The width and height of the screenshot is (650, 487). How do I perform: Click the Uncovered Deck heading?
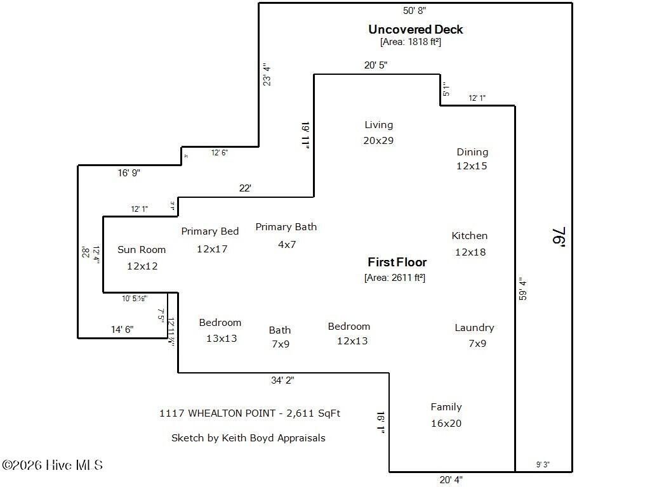point(416,29)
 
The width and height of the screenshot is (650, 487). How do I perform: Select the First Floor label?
point(397,262)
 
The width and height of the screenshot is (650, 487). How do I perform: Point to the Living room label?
point(378,125)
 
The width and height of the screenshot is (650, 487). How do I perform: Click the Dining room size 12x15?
point(472,166)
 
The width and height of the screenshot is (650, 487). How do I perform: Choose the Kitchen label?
point(469,236)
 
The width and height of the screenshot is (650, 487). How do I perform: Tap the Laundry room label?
point(474,328)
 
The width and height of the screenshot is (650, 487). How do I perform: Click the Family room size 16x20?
point(446,423)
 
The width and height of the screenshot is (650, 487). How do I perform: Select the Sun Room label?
point(142,250)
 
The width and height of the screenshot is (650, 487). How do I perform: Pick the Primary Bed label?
point(209,231)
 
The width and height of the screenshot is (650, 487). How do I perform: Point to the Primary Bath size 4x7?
point(287,244)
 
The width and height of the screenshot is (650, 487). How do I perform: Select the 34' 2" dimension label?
point(282,380)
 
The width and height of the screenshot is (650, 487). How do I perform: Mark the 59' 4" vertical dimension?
point(522,289)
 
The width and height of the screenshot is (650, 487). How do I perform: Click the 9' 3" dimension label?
point(543,465)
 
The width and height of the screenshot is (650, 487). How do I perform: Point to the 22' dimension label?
point(245,188)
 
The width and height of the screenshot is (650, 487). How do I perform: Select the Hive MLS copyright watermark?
point(52,465)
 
